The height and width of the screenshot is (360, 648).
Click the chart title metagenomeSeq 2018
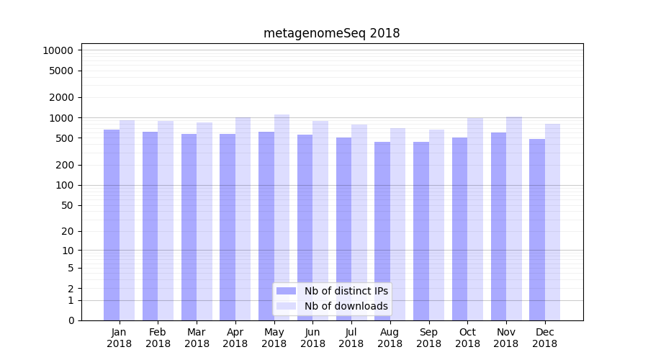tap(331, 33)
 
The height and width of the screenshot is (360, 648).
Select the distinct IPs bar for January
tap(112, 225)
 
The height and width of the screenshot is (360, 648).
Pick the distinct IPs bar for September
tap(421, 231)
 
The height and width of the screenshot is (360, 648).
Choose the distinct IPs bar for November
tap(498, 226)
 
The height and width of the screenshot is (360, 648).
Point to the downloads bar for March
tap(204, 221)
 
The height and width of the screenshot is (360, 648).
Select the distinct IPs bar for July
tap(343, 229)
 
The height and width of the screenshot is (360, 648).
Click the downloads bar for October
tap(475, 219)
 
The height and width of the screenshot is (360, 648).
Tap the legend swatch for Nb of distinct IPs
tap(286, 291)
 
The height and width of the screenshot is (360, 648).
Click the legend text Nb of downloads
tap(346, 306)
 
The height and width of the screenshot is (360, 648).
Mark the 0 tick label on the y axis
tap(71, 320)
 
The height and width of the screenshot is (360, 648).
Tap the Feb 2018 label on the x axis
tap(158, 338)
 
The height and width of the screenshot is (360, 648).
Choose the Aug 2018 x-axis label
tap(390, 338)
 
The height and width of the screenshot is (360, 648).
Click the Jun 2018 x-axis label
tap(312, 338)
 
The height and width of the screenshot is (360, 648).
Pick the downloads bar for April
tap(243, 219)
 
